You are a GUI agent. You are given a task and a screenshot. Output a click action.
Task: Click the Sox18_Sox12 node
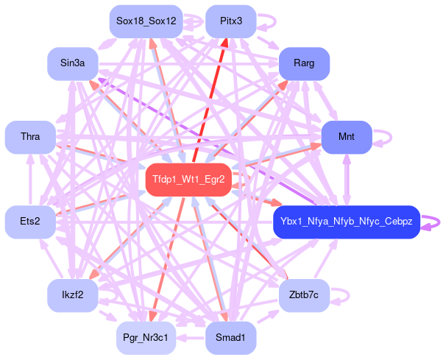[x=146, y=21]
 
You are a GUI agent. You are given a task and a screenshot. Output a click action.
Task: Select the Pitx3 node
[x=230, y=21]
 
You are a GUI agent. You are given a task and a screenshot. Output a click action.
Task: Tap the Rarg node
[x=303, y=63]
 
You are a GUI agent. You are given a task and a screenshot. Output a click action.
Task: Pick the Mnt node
[x=346, y=137]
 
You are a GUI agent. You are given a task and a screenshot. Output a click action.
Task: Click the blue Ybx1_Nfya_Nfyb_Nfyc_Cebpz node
[x=346, y=222]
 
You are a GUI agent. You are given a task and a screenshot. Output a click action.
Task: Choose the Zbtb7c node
[x=303, y=295]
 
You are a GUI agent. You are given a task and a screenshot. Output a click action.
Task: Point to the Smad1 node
[x=230, y=337]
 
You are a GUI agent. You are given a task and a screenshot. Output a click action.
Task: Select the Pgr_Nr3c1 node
[x=146, y=337]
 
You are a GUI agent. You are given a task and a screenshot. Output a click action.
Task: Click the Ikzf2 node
[x=73, y=295]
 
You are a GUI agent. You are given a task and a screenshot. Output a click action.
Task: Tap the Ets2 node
[x=30, y=222]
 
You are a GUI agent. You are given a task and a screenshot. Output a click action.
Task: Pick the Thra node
[x=30, y=137]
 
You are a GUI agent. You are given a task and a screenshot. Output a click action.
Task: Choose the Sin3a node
[x=73, y=63]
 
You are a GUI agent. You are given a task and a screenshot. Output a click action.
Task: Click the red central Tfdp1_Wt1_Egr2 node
[x=188, y=179]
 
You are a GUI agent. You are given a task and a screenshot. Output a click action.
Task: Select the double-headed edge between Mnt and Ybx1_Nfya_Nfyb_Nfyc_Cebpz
[x=347, y=180]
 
